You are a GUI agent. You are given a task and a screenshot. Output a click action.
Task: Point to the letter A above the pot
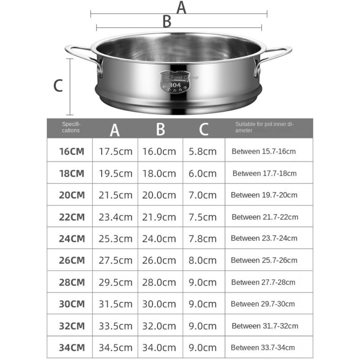pyautogui.click(x=181, y=8)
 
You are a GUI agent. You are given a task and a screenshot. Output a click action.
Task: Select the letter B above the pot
pyautogui.click(x=167, y=22)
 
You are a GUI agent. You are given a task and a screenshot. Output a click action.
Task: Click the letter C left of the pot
pyautogui.click(x=58, y=86)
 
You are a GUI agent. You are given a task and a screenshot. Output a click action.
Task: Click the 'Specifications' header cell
pyautogui.click(x=71, y=127)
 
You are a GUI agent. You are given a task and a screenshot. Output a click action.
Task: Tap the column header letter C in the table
pyautogui.click(x=204, y=129)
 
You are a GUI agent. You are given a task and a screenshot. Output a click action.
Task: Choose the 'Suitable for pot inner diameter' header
pyautogui.click(x=265, y=127)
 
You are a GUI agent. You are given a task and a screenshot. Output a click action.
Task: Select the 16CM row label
pyautogui.click(x=72, y=151)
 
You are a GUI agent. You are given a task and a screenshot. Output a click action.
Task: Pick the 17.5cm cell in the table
pyautogui.click(x=116, y=151)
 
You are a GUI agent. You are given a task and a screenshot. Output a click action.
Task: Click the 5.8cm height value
pyautogui.click(x=203, y=151)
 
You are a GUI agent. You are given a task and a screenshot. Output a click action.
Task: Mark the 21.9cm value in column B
pyautogui.click(x=159, y=217)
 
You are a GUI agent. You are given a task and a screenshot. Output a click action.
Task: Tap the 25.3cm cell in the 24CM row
pyautogui.click(x=116, y=239)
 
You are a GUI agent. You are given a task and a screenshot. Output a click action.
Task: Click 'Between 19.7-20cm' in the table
pyautogui.click(x=264, y=195)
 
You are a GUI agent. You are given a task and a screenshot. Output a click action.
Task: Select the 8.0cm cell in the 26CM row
pyautogui.click(x=203, y=260)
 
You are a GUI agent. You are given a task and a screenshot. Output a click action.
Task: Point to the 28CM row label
pyautogui.click(x=72, y=282)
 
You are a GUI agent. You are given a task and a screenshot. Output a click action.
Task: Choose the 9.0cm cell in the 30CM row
pyautogui.click(x=203, y=304)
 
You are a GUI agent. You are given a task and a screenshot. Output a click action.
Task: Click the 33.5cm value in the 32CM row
pyautogui.click(x=116, y=326)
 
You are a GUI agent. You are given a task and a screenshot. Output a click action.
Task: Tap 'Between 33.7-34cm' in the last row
pyautogui.click(x=263, y=347)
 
